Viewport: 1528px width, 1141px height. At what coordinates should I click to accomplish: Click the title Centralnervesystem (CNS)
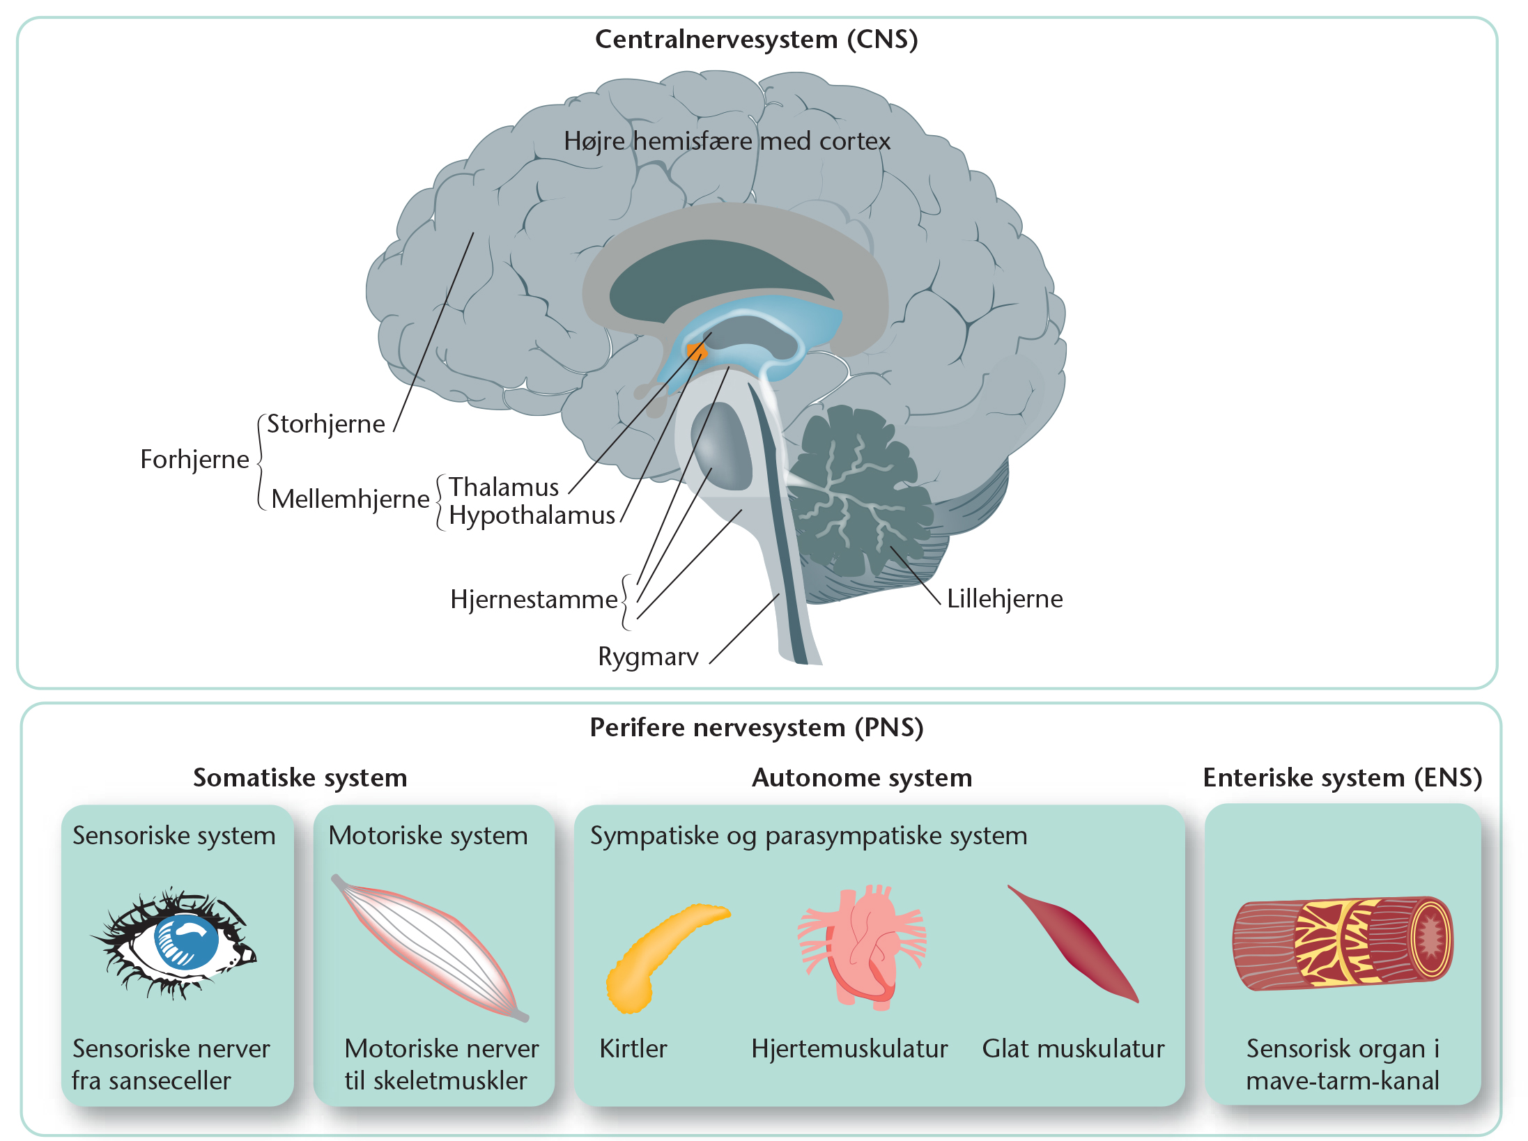point(756,40)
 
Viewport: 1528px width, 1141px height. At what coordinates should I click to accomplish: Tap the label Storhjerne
point(325,424)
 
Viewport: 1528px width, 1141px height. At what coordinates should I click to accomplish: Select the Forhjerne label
point(194,460)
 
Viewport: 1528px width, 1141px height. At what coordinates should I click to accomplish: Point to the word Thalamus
point(503,487)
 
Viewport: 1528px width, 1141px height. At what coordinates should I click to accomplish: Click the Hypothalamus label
point(532,515)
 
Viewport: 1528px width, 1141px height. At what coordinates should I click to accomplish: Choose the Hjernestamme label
point(534,600)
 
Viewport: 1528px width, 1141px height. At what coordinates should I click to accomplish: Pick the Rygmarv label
point(648,657)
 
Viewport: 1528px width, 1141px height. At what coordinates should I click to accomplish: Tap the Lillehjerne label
point(1004,599)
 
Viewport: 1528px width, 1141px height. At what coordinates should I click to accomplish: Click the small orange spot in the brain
point(696,351)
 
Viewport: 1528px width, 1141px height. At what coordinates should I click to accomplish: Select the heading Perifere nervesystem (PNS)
point(756,728)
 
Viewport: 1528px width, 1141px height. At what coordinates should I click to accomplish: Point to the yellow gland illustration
point(662,954)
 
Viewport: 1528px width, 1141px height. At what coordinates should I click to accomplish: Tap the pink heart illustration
point(861,944)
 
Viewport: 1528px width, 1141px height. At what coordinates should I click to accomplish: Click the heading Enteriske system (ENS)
point(1342,778)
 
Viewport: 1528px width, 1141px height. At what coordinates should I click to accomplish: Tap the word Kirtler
point(633,1049)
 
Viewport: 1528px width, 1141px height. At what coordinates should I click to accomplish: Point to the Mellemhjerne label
point(350,499)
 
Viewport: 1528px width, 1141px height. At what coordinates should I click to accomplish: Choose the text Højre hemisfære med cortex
point(727,141)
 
